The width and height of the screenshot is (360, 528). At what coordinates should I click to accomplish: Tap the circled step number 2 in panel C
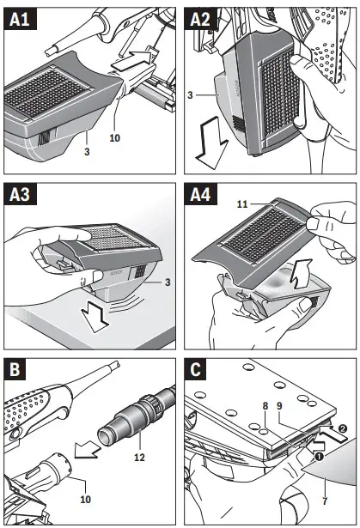(342, 428)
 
